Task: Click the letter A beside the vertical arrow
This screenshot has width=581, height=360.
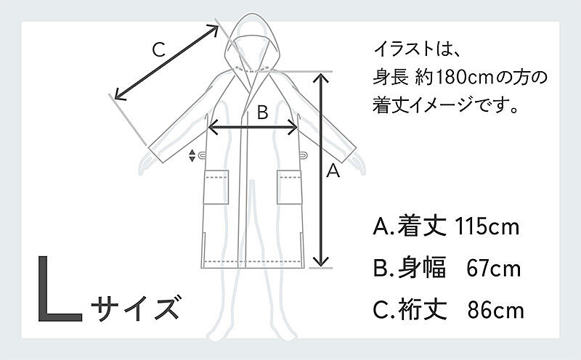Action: [333, 171]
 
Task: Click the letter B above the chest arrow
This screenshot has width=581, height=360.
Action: [262, 112]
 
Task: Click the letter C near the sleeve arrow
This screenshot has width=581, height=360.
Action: [158, 49]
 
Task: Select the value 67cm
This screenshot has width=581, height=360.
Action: [494, 269]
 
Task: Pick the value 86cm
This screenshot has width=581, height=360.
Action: [496, 311]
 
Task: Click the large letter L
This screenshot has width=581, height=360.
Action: [60, 288]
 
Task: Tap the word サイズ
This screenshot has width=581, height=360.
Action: [136, 307]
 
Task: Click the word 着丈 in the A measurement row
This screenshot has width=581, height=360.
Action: [422, 226]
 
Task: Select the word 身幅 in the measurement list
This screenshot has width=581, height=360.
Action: [422, 269]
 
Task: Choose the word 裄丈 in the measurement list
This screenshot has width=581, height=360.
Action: [422, 311]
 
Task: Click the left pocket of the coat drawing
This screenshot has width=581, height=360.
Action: [216, 187]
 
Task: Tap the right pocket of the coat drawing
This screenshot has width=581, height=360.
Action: [289, 187]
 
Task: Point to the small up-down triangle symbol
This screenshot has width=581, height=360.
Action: [192, 155]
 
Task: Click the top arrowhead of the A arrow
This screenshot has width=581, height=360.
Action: [321, 78]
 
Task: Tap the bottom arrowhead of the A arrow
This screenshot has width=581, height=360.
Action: [321, 261]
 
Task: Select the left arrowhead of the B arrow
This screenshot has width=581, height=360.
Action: [213, 128]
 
